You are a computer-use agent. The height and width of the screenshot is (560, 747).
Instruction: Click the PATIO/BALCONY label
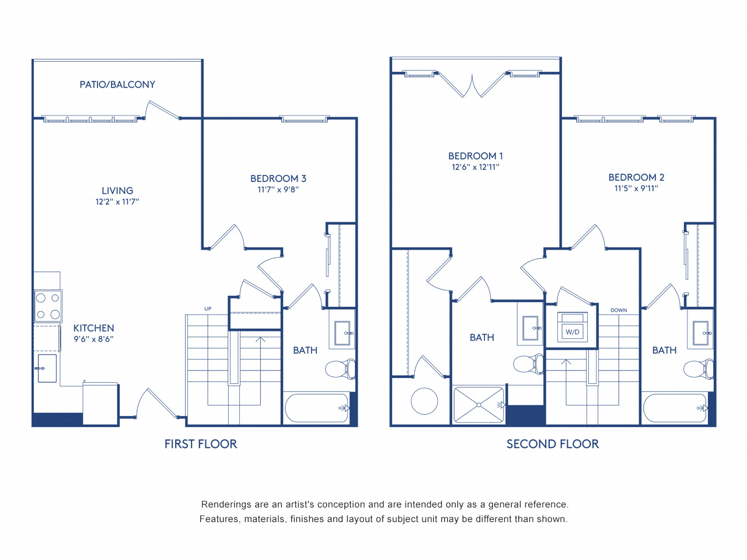pos(117,85)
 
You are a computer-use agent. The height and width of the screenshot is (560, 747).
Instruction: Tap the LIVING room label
pos(117,191)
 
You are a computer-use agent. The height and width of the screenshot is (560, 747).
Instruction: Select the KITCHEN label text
pos(93,328)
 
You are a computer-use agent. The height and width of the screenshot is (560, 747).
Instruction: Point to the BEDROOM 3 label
pos(278,178)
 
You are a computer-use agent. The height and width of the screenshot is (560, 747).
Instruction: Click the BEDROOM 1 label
pos(476,156)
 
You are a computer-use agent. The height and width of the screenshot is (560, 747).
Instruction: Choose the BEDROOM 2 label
pos(636,177)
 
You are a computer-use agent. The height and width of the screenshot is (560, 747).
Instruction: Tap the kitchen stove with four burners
pos(48,306)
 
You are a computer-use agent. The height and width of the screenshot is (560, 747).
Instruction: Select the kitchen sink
pos(47,368)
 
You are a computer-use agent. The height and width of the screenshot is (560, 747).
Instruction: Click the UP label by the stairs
pos(208,309)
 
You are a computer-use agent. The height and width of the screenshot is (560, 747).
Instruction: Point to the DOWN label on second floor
pos(619,310)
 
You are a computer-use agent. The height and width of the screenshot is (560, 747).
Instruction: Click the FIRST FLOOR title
pos(201,444)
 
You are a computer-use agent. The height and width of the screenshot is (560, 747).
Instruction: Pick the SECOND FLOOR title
pos(553,444)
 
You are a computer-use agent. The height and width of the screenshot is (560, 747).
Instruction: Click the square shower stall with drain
pos(479,404)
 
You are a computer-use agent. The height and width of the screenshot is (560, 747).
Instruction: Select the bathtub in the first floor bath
pos(317,408)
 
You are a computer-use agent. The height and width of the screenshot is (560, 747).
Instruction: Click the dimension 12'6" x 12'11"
pos(476,167)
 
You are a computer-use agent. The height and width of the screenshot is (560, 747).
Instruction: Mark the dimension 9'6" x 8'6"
pos(93,339)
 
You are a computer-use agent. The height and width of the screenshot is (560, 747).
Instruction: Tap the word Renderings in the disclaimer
pos(226,505)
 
